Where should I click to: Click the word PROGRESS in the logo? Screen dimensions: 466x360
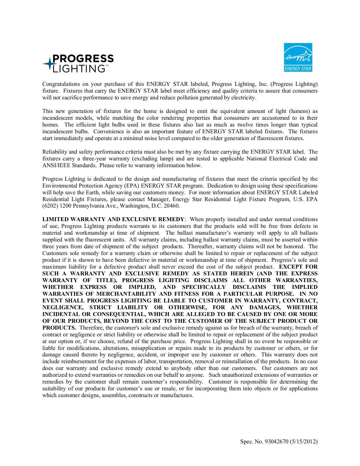click(83, 58)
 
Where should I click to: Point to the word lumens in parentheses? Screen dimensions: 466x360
click(300, 111)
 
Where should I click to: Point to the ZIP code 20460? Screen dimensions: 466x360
click(172, 206)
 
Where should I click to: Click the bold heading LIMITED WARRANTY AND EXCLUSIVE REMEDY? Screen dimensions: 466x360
click(113, 220)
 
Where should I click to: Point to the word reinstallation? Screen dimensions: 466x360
click(254, 362)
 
